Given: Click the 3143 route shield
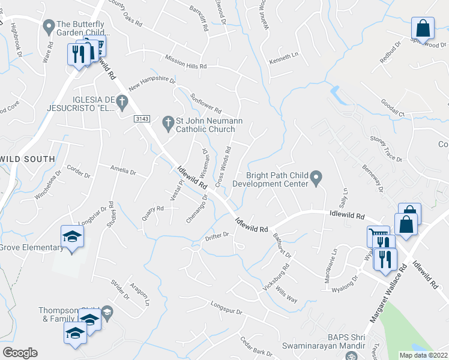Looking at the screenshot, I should pyautogui.click(x=142, y=120).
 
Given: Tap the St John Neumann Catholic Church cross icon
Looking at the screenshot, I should pyautogui.click(x=169, y=124).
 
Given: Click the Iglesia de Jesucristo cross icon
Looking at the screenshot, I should pyautogui.click(x=122, y=103).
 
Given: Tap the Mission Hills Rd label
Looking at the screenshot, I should pyautogui.click(x=186, y=62).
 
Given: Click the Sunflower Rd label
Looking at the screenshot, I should pyautogui.click(x=206, y=103).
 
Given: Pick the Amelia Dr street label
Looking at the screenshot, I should pyautogui.click(x=122, y=170).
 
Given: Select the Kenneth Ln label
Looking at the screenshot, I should pyautogui.click(x=283, y=58).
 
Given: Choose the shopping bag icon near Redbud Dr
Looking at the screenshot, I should pyautogui.click(x=423, y=28).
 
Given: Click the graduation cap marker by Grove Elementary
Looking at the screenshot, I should pyautogui.click(x=72, y=237).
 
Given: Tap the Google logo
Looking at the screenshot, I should pyautogui.click(x=20, y=353).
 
